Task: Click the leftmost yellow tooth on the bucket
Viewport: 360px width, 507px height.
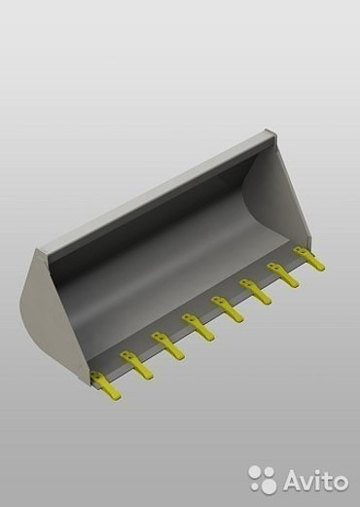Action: [105, 385]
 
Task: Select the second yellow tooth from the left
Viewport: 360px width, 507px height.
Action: [136, 365]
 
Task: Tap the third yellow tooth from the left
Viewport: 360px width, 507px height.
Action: [167, 345]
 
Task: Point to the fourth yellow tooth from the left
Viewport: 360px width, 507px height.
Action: [198, 327]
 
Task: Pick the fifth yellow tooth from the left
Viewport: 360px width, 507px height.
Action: [227, 309]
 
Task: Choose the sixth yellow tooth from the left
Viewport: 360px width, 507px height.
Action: [255, 292]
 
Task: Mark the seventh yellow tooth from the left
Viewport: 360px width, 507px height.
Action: [283, 275]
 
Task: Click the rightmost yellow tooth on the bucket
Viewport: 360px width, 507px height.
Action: [309, 259]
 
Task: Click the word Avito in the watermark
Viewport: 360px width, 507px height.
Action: [315, 480]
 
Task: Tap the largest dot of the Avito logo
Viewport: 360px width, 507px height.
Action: [268, 485]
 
